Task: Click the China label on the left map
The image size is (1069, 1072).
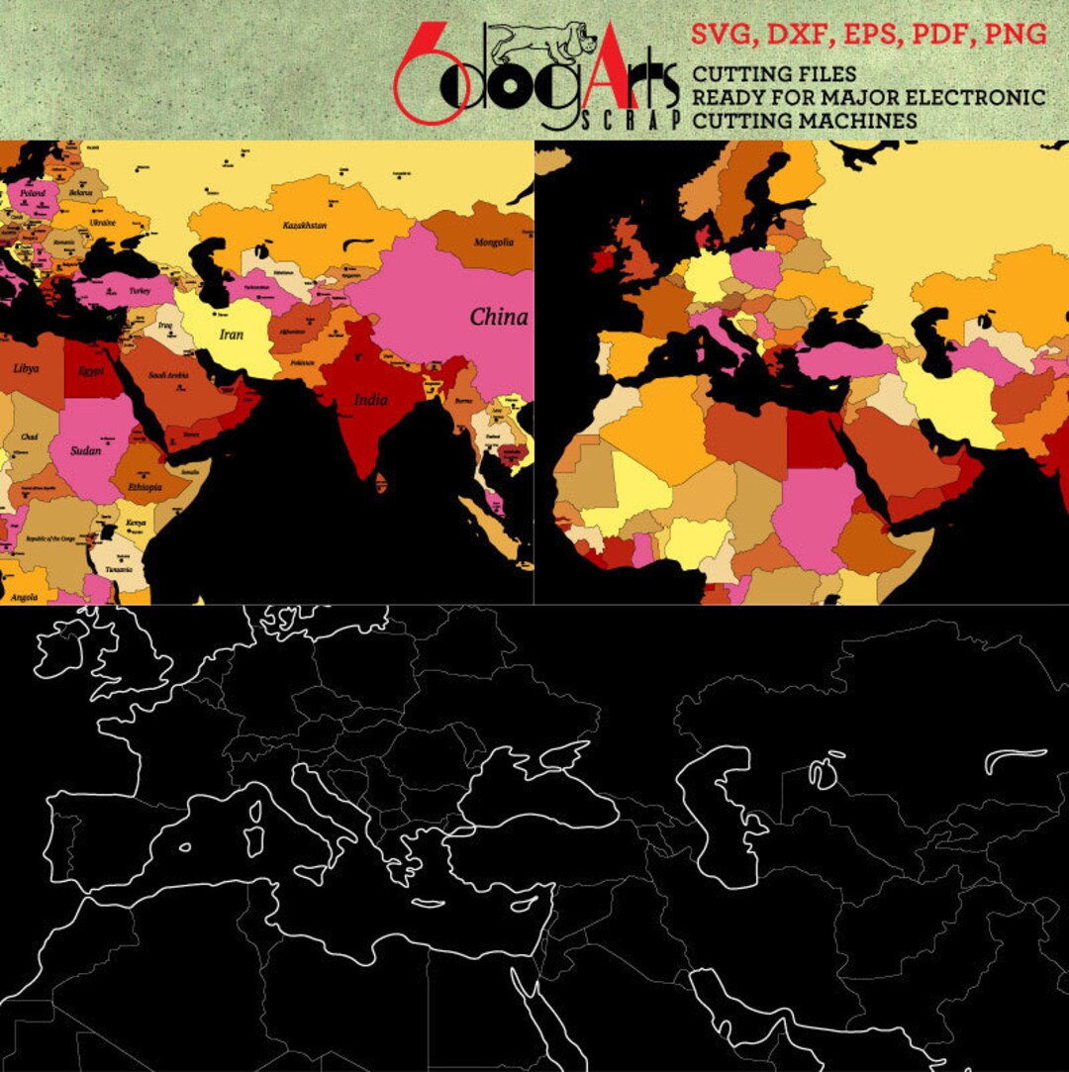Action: [498, 318]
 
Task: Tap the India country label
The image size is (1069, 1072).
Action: [371, 400]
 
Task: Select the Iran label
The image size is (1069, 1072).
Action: [231, 335]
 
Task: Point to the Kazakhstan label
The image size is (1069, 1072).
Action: [304, 226]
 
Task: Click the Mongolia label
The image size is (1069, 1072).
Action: [494, 243]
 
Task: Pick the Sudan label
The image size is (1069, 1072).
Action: [86, 450]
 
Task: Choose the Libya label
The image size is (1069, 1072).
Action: [27, 368]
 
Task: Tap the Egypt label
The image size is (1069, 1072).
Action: [93, 372]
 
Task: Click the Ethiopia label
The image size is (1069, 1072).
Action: [146, 488]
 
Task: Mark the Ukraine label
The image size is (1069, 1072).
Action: [103, 223]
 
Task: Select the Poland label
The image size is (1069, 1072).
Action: [33, 193]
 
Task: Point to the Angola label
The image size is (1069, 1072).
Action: [24, 597]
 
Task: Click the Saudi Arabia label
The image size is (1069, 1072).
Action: [169, 376]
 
